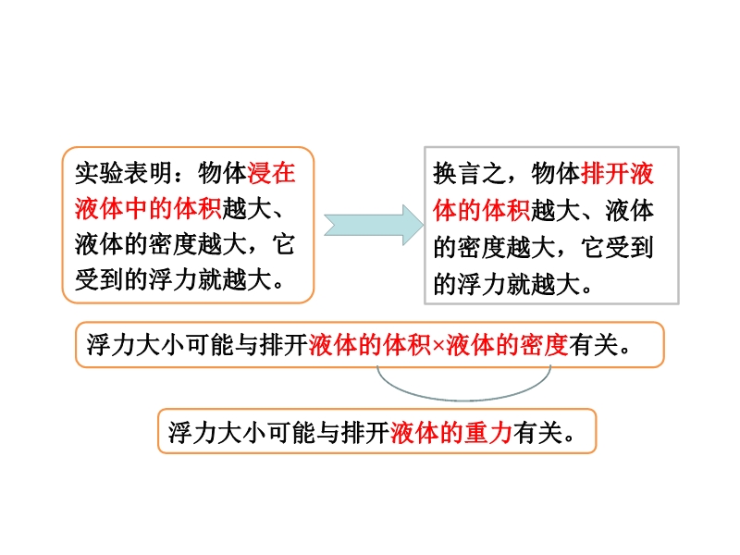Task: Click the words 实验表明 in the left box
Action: pyautogui.click(x=124, y=173)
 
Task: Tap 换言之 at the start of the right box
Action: pyautogui.click(x=470, y=173)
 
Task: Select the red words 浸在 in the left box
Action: pyautogui.click(x=271, y=173)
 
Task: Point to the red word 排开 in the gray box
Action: pyautogui.click(x=605, y=173)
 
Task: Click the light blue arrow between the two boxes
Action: pyautogui.click(x=374, y=225)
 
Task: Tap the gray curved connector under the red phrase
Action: pyautogui.click(x=464, y=400)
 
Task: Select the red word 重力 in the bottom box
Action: pyautogui.click(x=488, y=432)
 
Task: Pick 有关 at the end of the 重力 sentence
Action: pyautogui.click(x=537, y=432)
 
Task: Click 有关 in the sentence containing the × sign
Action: pyautogui.click(x=593, y=345)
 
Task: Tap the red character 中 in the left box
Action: pyautogui.click(x=136, y=209)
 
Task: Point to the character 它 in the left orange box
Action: pyautogui.click(x=284, y=244)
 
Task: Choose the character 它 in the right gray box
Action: pyautogui.click(x=593, y=247)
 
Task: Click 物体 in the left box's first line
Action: pyautogui.click(x=222, y=173)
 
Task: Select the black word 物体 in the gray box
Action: pyautogui.click(x=556, y=173)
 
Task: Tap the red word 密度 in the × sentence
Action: pyautogui.click(x=544, y=345)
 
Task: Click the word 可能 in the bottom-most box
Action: pyautogui.click(x=291, y=432)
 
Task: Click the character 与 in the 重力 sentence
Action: pyautogui.click(x=328, y=432)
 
